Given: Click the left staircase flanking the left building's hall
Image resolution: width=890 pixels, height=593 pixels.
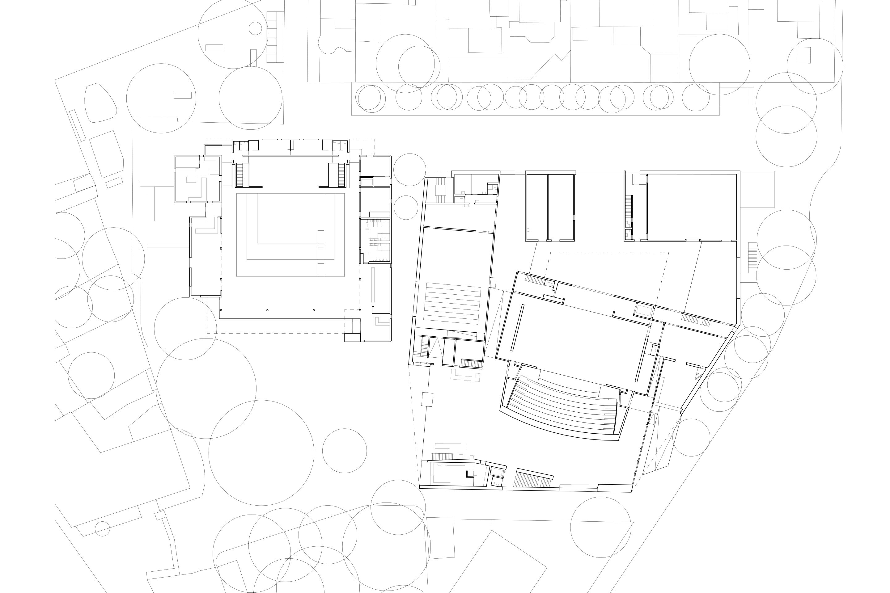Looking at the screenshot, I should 239,174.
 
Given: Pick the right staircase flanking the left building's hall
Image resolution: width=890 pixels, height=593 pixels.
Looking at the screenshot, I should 341,174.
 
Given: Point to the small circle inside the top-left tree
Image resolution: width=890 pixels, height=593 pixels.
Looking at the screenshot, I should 255,28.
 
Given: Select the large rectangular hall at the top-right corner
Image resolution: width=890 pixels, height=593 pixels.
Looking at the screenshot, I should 692,207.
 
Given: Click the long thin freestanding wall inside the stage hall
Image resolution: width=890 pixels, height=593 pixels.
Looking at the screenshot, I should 517,328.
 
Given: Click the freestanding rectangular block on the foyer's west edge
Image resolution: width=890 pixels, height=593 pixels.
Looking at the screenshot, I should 427,399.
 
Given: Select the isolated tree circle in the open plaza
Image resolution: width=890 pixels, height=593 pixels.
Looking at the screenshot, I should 344,450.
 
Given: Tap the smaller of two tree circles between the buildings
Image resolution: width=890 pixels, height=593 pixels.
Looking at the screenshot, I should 406,207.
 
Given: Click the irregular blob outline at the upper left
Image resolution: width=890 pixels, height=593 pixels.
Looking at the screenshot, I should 100,103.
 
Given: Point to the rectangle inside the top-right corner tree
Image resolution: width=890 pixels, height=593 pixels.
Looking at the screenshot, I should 804,55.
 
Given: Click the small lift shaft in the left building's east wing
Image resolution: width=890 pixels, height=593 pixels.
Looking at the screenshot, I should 366,182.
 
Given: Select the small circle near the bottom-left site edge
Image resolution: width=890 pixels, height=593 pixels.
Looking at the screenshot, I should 102,529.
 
